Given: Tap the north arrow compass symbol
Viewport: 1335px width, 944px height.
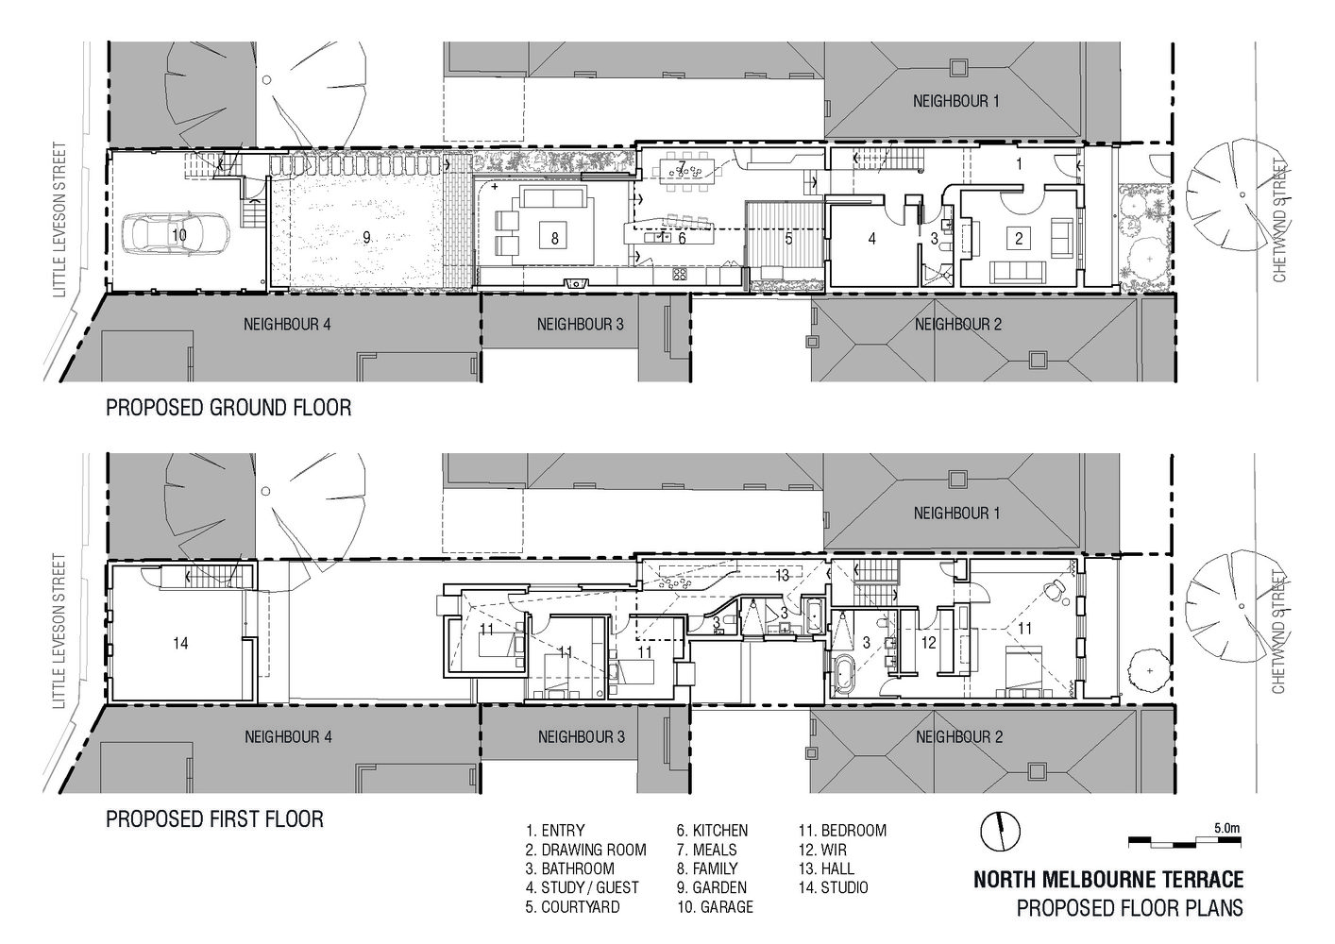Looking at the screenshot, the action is tap(1000, 831).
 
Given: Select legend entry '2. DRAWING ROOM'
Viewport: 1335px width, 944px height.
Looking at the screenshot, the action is tap(586, 850).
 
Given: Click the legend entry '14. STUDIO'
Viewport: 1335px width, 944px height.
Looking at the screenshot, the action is tap(833, 888).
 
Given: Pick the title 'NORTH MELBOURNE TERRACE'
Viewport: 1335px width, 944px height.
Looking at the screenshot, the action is tap(1108, 880).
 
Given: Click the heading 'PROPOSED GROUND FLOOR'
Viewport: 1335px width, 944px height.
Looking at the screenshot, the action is tap(228, 408).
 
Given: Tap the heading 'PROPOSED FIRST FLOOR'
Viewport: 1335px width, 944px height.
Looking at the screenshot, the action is tap(214, 818).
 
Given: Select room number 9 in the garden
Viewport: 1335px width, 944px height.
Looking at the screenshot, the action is tap(366, 238).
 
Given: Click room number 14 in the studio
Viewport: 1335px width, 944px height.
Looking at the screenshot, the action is tap(180, 643).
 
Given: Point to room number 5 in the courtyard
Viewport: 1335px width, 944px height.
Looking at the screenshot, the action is tap(788, 239).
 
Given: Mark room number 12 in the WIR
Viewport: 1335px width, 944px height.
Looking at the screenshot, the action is tap(928, 643).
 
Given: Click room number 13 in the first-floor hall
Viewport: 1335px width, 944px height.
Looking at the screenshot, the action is tap(782, 575).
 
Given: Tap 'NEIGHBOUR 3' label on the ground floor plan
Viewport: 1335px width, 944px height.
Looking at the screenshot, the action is tap(581, 324).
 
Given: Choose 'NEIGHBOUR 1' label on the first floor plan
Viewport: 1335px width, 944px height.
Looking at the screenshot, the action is tap(956, 514).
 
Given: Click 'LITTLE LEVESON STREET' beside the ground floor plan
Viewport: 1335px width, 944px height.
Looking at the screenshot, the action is tap(59, 219).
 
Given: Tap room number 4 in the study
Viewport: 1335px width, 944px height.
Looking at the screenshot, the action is tap(872, 239).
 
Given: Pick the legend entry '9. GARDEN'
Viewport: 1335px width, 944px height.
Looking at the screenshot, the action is tap(712, 888).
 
